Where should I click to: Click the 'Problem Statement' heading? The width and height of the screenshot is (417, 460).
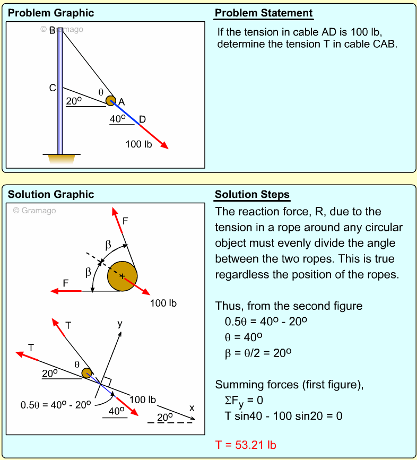[x=264, y=13]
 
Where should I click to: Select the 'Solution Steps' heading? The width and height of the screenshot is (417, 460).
[x=252, y=195]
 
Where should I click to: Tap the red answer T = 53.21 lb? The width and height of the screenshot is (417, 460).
[x=246, y=445]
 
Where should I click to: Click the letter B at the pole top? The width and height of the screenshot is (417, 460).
[x=53, y=31]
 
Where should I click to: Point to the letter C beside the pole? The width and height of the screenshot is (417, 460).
[x=53, y=88]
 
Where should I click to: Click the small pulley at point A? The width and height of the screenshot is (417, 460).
[x=110, y=100]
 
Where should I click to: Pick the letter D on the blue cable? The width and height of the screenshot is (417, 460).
[x=142, y=119]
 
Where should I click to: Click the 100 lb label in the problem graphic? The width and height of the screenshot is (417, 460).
[x=138, y=144]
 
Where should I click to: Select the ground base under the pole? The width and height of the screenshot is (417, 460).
[x=60, y=158]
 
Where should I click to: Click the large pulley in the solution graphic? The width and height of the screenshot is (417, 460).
[x=123, y=276]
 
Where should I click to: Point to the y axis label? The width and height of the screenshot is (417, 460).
[x=119, y=323]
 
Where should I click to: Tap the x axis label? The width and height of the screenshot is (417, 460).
[x=192, y=408]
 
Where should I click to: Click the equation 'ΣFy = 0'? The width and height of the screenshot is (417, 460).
[x=244, y=400]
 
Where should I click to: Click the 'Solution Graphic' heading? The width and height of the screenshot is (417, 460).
[x=51, y=195]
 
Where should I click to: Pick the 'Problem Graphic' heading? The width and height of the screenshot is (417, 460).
[x=51, y=13]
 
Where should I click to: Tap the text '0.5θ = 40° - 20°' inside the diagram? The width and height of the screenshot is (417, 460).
[x=56, y=405]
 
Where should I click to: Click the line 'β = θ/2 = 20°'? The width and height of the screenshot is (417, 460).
[x=258, y=353]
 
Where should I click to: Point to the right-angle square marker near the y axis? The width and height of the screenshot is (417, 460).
[x=106, y=381]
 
